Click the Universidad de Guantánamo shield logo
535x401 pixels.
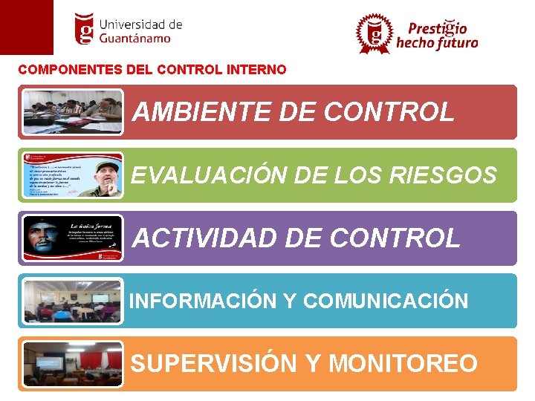click(85, 29)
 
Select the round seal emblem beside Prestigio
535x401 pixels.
click(374, 33)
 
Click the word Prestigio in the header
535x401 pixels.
click(437, 28)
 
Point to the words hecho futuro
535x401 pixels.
click(437, 44)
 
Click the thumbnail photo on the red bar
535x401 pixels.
click(72, 112)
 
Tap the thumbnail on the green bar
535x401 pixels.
click(72, 175)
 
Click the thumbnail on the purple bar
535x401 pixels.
click(72, 238)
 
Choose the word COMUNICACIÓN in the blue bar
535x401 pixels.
click(386, 301)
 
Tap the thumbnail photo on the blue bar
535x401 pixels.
click(72, 301)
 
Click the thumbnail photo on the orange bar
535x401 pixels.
click(72, 364)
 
